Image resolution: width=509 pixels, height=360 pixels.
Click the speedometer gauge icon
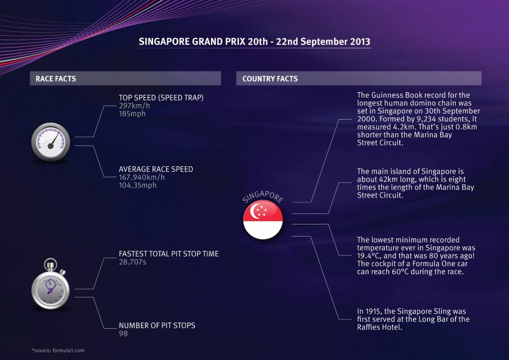tap(50, 142)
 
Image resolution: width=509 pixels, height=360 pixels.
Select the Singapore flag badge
tap(263, 220)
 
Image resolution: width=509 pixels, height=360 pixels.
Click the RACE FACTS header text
tap(56, 78)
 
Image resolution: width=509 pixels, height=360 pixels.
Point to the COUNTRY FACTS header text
tap(270, 78)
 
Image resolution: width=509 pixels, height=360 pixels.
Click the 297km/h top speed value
tap(134, 105)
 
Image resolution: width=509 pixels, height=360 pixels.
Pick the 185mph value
tap(132, 114)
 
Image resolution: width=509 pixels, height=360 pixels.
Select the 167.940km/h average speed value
tap(142, 177)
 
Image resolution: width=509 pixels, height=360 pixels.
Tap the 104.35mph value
tap(138, 185)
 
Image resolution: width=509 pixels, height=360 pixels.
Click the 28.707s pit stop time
tap(132, 262)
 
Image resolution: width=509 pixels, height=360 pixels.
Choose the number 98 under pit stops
tap(123, 334)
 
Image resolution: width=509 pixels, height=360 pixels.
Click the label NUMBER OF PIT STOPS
tap(157, 325)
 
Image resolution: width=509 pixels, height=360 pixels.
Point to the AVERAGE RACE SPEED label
tap(156, 169)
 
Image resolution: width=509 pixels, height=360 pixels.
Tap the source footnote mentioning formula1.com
tap(58, 351)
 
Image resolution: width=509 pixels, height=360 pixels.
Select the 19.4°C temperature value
tap(368, 256)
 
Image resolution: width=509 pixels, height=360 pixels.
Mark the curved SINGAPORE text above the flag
tap(263, 196)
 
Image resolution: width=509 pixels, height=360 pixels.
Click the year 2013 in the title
tap(360, 42)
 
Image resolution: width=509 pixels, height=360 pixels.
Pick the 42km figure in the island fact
tap(388, 179)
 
